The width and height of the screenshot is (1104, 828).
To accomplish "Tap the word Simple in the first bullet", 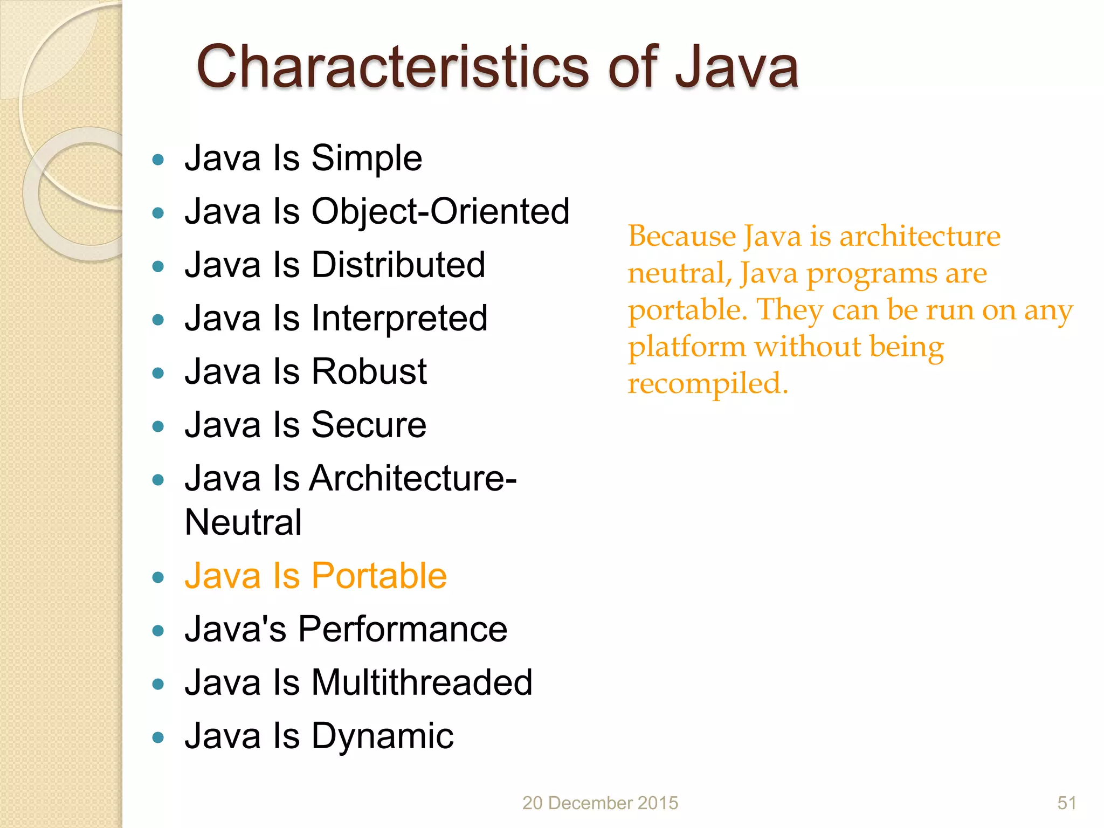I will click(367, 158).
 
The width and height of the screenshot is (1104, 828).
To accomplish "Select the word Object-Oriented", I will click(440, 211).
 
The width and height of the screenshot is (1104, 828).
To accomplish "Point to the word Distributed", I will click(398, 265).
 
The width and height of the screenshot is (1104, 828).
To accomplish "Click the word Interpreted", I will click(399, 318).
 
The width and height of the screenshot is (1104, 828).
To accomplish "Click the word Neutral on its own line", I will click(243, 522).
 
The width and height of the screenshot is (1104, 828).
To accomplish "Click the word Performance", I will click(403, 629).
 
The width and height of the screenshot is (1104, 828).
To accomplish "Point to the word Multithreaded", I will click(422, 682).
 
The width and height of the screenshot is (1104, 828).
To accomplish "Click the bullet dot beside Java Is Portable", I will click(158, 577).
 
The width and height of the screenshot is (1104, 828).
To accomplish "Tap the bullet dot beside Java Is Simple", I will click(158, 160).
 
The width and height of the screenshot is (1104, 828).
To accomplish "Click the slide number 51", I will click(1066, 803).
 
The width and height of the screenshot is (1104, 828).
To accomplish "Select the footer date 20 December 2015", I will click(600, 803).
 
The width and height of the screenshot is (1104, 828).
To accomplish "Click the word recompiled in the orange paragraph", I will click(707, 383).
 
